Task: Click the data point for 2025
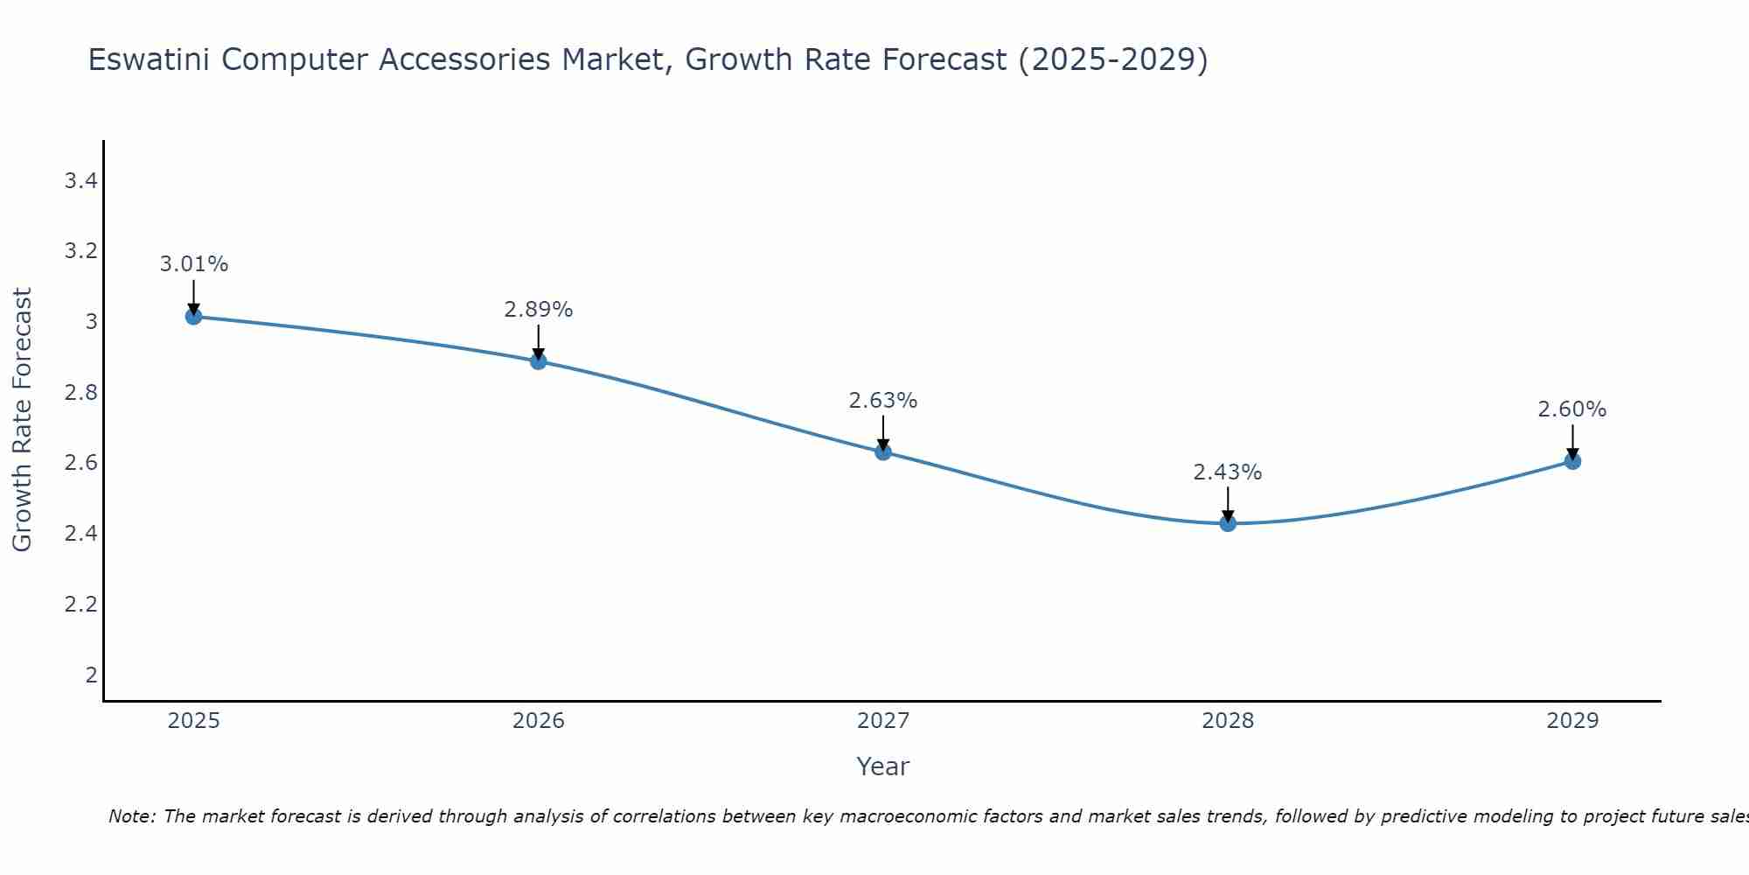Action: (193, 316)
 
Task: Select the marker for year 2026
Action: (539, 360)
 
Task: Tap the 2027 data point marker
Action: (883, 451)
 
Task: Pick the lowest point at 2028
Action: (1228, 523)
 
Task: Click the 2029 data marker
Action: (1572, 461)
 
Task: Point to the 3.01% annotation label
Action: (193, 264)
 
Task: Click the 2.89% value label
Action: (539, 310)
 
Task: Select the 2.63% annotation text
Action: (883, 401)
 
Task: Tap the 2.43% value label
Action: (1228, 472)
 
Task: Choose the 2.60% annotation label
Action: (1572, 409)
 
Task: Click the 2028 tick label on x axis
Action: (1228, 721)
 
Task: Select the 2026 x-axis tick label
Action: (539, 721)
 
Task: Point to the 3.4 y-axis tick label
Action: (80, 181)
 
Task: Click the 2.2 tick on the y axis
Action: (80, 604)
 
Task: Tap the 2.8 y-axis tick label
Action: (80, 393)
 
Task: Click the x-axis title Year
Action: (883, 766)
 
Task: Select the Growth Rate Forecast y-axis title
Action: (23, 420)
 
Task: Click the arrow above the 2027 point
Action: (883, 431)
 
